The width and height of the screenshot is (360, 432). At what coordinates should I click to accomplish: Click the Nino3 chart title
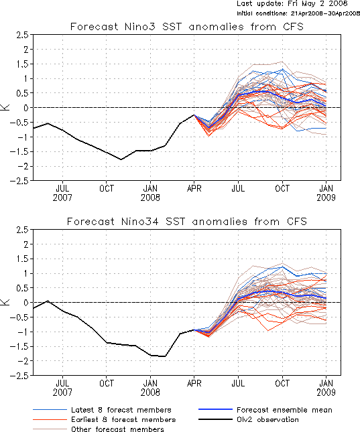point(187,27)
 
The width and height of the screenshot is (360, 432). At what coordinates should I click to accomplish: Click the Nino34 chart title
point(187,222)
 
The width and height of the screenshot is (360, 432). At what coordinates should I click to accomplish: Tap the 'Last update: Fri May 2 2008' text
point(292,3)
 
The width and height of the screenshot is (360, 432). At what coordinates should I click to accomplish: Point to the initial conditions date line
point(298,13)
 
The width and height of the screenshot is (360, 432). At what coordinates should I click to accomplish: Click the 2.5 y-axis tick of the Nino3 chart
point(22,35)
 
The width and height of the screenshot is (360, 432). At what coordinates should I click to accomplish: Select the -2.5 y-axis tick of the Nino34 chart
point(19,376)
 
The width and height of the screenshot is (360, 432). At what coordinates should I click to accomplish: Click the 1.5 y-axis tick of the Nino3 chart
point(22,64)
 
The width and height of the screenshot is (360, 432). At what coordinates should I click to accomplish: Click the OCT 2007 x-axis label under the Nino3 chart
point(107,188)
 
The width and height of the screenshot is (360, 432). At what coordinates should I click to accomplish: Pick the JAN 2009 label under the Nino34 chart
point(326,388)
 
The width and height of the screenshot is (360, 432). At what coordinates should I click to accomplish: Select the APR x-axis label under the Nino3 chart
point(194,188)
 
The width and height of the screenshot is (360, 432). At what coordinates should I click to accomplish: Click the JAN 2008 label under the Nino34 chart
point(150,388)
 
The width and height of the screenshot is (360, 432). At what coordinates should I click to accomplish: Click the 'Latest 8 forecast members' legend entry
point(102,410)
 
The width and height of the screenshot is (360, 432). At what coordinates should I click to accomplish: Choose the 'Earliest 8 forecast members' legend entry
point(105,419)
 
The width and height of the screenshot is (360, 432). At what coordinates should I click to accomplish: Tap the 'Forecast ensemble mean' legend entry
point(265,410)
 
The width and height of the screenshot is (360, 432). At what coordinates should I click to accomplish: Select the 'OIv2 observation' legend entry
point(249,419)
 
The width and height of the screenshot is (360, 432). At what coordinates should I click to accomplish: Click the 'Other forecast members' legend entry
point(98,429)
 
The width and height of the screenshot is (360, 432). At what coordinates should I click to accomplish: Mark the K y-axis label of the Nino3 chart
point(6,107)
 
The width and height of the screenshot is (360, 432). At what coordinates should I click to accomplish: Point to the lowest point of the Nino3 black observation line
point(121,159)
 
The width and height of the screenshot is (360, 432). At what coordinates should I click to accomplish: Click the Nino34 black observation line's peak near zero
point(48,301)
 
